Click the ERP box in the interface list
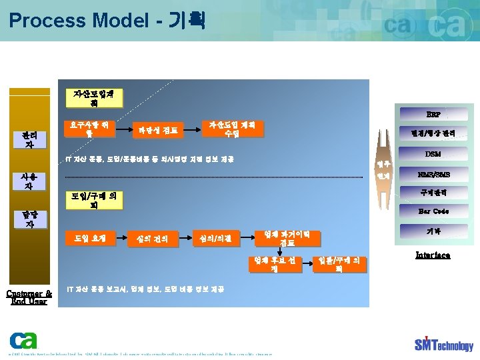tap(433, 114)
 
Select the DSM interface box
tap(433, 154)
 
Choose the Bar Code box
tap(433, 211)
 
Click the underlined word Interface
tap(433, 255)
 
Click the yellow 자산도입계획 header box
tap(97, 98)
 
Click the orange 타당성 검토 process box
tap(158, 130)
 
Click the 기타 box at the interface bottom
tap(433, 231)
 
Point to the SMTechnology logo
tap(443, 343)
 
